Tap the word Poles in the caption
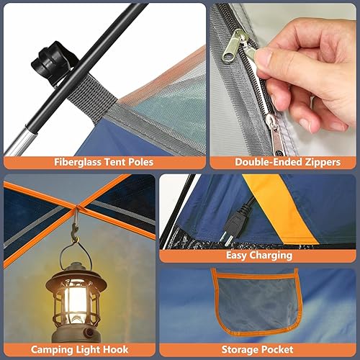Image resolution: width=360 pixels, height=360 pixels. (138, 162)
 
